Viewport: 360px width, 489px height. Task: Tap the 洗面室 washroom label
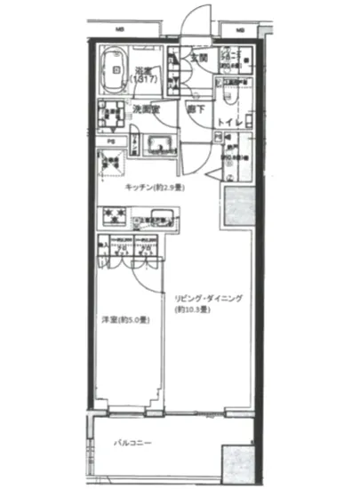(145, 109)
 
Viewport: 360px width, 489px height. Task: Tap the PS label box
(111, 141)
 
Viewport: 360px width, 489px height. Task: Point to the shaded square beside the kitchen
(239, 206)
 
